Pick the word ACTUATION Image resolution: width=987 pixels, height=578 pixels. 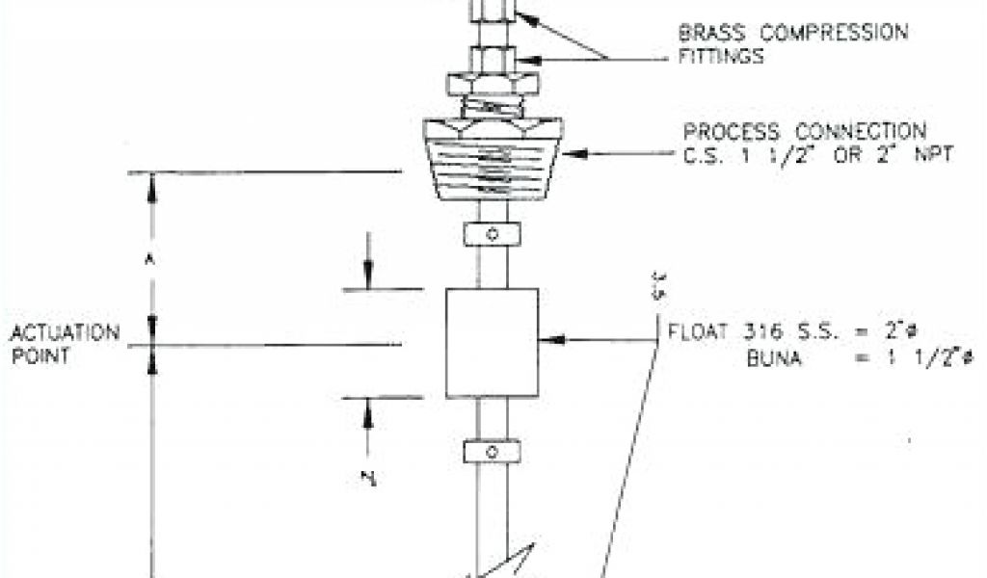coord(66,333)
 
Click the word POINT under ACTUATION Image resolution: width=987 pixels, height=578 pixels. coord(38,355)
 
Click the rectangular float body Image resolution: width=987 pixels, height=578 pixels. coord(492,342)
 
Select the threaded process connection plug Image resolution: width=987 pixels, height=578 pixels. coord(493,159)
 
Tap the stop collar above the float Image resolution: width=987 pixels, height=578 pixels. coord(492,233)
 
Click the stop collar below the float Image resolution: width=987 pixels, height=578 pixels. coord(492,450)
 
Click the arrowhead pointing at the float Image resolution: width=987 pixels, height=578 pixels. coord(547,339)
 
